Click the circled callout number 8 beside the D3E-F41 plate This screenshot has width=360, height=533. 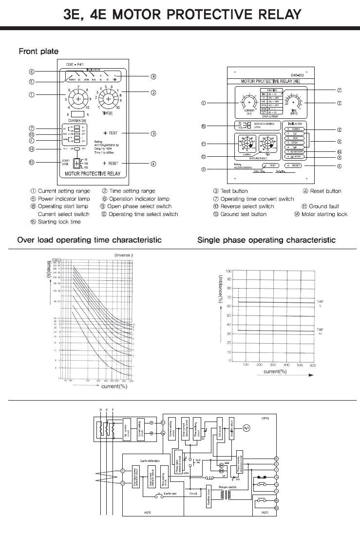pos(153,76)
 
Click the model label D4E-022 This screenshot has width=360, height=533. pos(298,75)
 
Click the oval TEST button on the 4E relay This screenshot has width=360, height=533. pos(270,166)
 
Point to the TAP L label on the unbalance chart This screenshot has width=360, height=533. pos(320,303)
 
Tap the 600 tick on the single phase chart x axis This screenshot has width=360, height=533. pos(313,365)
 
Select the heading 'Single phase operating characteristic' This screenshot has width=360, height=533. pos(266,240)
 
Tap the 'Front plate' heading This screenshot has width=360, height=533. pos(38,51)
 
